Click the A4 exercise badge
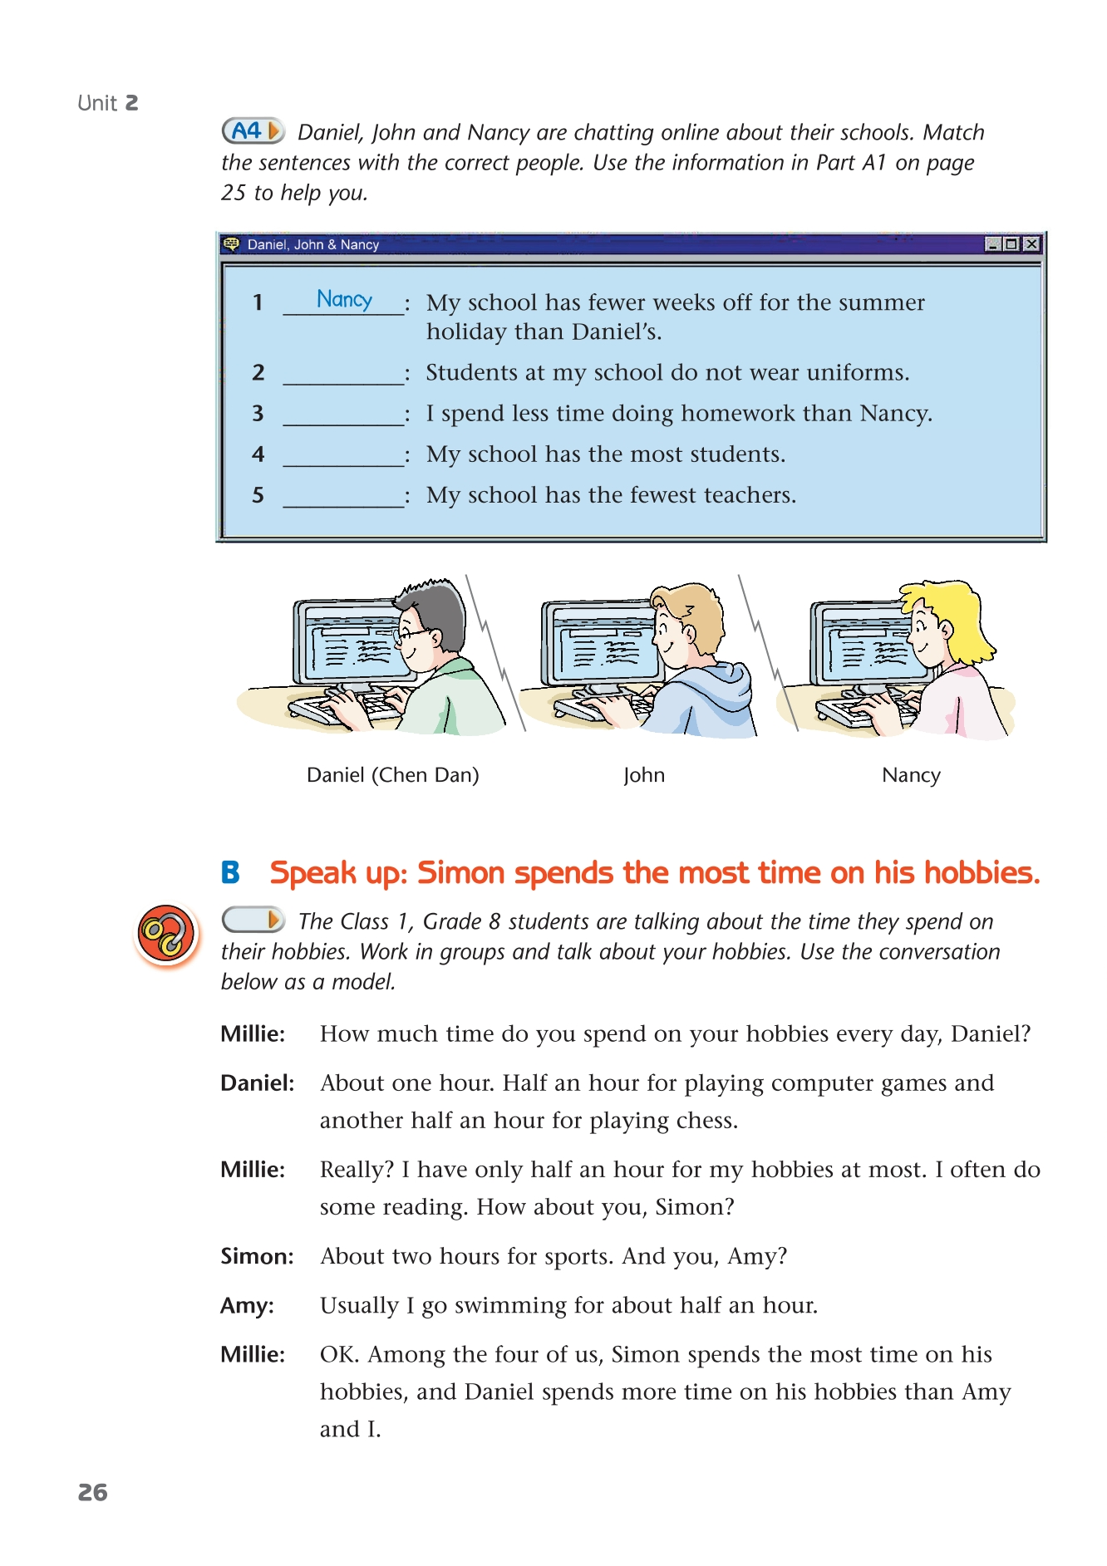(x=253, y=130)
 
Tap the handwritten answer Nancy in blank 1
(x=344, y=299)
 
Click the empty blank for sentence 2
(x=343, y=375)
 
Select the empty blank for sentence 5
(x=343, y=498)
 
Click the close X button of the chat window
(x=1031, y=244)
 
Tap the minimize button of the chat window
(x=992, y=244)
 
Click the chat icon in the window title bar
(x=232, y=244)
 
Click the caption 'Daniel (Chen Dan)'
(x=392, y=775)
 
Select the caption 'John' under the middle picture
(x=644, y=775)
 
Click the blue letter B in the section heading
(x=230, y=873)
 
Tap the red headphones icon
(x=166, y=934)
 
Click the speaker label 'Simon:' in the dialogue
(x=257, y=1256)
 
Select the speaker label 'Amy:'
(x=247, y=1305)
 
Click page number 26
(x=93, y=1493)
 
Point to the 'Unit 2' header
(x=108, y=103)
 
